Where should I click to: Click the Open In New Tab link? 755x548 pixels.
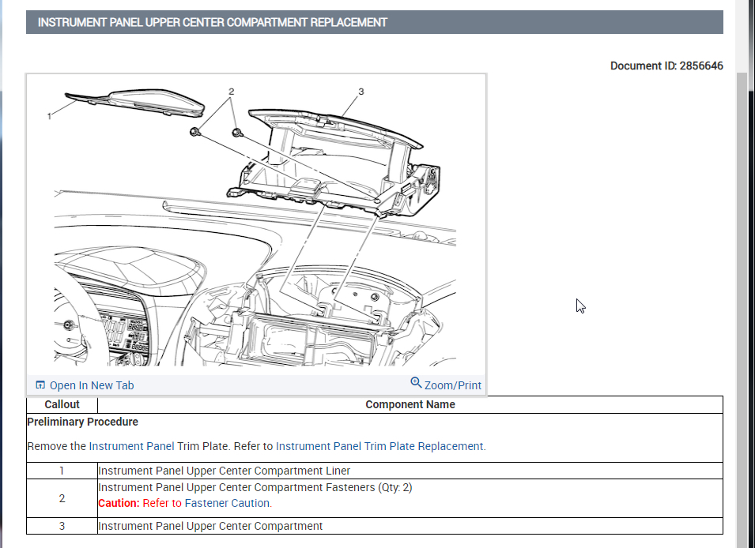click(91, 385)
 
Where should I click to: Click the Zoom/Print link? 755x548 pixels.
click(452, 385)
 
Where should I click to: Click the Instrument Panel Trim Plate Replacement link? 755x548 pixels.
click(379, 446)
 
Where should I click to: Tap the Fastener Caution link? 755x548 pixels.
click(228, 503)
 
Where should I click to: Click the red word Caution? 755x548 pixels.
click(119, 503)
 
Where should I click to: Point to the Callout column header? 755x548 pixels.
click(62, 404)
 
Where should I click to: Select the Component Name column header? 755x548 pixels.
click(410, 404)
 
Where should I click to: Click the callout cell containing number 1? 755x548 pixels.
click(62, 471)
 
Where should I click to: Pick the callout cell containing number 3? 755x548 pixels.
click(62, 526)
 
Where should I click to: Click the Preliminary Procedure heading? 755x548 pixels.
click(82, 422)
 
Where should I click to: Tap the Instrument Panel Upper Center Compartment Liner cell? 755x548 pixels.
click(224, 471)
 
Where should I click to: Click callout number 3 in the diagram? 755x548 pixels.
click(361, 92)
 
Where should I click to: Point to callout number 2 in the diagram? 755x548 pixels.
click(231, 92)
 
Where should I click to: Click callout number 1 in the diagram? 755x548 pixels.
click(49, 116)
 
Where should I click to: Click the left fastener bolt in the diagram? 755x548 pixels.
click(194, 132)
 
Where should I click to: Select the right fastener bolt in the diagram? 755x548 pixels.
click(236, 132)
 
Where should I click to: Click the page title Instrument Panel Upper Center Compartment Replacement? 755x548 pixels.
click(213, 22)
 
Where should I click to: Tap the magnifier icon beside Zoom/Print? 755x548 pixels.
click(416, 383)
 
